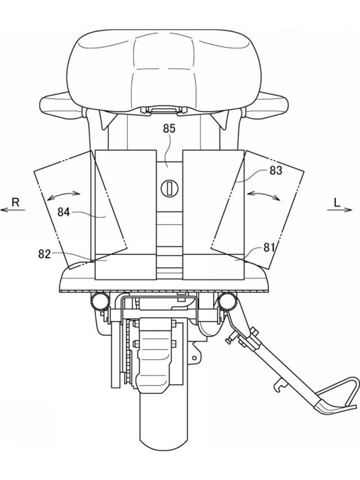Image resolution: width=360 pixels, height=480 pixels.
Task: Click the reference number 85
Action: coord(169,128)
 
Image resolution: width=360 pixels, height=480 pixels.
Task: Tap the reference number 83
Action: coord(276,171)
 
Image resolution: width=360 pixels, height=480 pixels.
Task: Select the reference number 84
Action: coord(64,212)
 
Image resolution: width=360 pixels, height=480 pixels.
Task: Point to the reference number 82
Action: coord(45,254)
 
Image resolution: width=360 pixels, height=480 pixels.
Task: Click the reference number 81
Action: coord(269,247)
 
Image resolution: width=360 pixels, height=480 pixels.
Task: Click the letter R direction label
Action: coord(15,202)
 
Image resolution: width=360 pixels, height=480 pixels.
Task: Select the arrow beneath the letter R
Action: coord(12,210)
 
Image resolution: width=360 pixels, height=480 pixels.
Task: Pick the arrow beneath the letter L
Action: coord(340,210)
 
